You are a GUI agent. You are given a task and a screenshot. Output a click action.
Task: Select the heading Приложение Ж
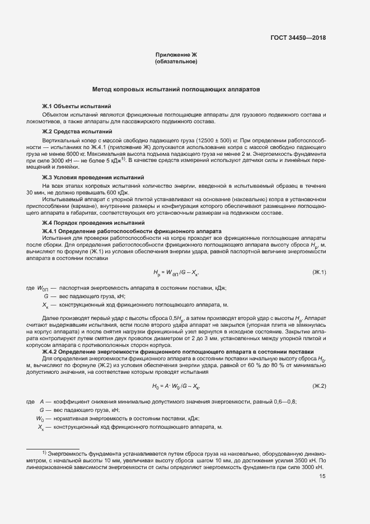coord(176,54)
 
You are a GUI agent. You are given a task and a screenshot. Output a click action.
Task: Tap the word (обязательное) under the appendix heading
coord(176,62)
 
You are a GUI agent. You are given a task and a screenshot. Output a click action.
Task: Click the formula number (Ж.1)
coord(319,272)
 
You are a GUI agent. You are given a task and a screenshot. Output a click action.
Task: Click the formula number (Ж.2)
coord(319,386)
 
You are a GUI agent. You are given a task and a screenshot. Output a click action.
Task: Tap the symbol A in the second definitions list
coord(42,402)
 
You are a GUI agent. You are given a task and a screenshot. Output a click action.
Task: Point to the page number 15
coord(322,476)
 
